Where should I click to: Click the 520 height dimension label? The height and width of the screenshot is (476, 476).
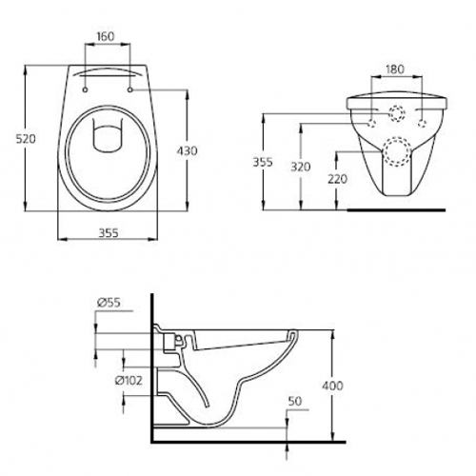(26, 139)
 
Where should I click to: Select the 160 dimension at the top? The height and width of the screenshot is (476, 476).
(106, 36)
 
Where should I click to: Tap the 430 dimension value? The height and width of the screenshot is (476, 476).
(187, 150)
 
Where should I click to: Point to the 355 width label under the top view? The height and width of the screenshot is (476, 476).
(109, 233)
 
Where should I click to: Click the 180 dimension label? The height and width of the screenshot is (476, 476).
(394, 69)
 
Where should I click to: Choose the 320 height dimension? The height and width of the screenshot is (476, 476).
(301, 167)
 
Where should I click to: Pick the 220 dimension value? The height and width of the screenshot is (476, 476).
(338, 179)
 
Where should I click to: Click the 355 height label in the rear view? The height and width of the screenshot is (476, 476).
(263, 162)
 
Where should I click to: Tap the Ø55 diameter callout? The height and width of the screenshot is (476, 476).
(109, 303)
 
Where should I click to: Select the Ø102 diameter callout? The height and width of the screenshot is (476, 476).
(129, 380)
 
